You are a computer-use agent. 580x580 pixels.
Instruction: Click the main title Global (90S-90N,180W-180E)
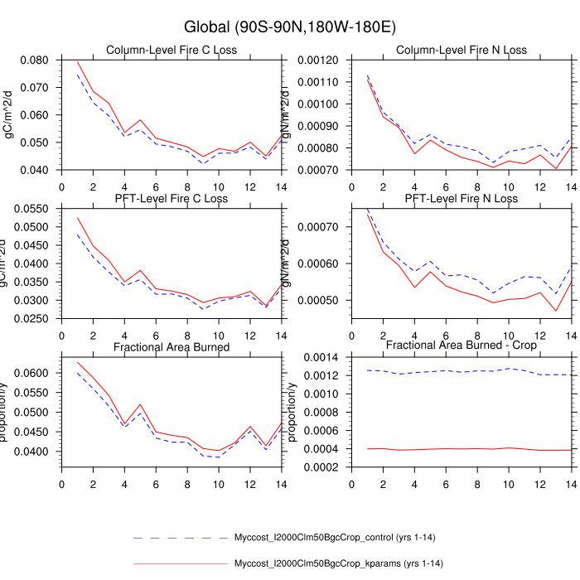coord(289,27)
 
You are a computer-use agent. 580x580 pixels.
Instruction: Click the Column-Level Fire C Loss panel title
coord(172,50)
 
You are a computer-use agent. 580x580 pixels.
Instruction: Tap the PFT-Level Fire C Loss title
coord(172,199)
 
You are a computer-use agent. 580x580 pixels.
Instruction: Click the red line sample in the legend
coord(180,563)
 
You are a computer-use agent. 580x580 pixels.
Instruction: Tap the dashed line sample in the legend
coord(180,537)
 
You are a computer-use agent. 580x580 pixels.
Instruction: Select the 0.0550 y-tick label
coord(33,210)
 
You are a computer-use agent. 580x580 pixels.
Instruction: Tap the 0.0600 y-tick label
coord(33,373)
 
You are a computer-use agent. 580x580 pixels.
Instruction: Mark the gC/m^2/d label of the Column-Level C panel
coord(11,115)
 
